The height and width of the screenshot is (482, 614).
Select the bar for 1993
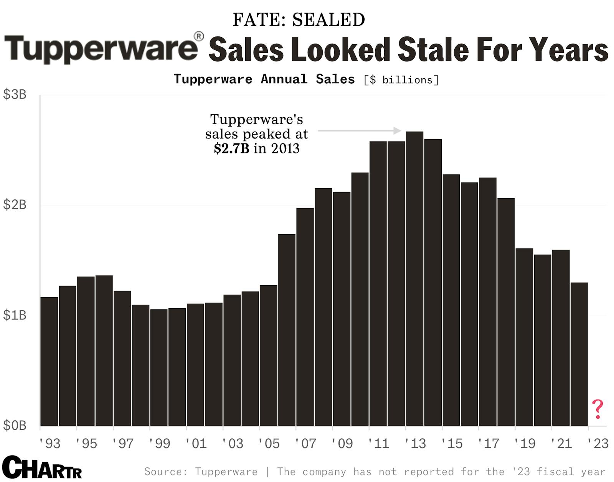point(49,361)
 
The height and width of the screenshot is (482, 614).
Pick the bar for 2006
point(287,329)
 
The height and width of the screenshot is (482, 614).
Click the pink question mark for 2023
point(597,409)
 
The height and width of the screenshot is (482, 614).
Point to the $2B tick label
point(15,205)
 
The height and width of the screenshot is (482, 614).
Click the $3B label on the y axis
point(15,94)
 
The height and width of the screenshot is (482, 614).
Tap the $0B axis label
point(15,425)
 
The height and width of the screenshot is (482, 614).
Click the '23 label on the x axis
point(598,444)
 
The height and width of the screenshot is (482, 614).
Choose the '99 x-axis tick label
point(159,444)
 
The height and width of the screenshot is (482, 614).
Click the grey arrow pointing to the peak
point(359,131)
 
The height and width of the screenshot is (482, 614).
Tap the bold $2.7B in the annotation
point(231,148)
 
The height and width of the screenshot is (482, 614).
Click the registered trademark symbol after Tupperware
point(199,37)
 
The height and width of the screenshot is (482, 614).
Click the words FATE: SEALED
point(299,20)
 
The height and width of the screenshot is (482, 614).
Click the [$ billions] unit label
point(401,80)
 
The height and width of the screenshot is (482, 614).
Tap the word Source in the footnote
point(163,472)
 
